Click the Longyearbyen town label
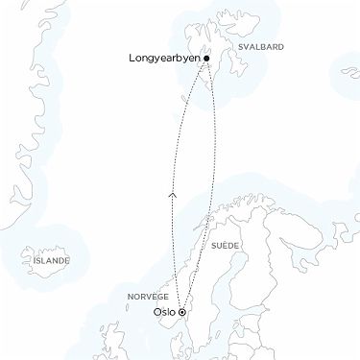click(x=163, y=59)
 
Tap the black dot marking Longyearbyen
click(x=206, y=59)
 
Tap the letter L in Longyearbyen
click(x=131, y=59)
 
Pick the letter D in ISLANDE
click(x=61, y=260)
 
